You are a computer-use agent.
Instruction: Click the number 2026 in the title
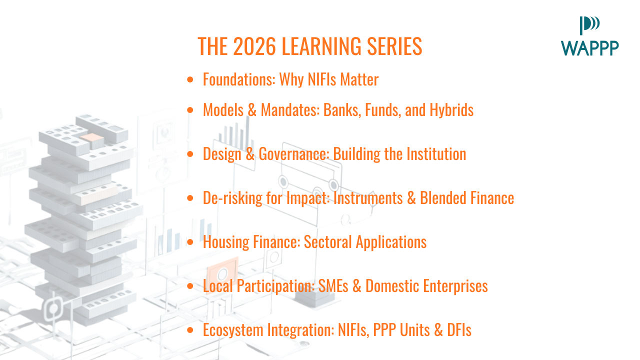[254, 46]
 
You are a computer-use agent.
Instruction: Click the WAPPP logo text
[589, 48]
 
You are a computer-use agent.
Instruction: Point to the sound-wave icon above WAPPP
[589, 25]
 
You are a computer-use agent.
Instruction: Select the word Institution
[436, 154]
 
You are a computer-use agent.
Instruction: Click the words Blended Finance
[467, 198]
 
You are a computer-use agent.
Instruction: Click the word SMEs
[333, 286]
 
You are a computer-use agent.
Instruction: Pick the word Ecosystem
[233, 330]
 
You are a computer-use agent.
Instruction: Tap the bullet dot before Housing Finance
[190, 242]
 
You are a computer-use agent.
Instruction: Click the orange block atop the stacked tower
[91, 137]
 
